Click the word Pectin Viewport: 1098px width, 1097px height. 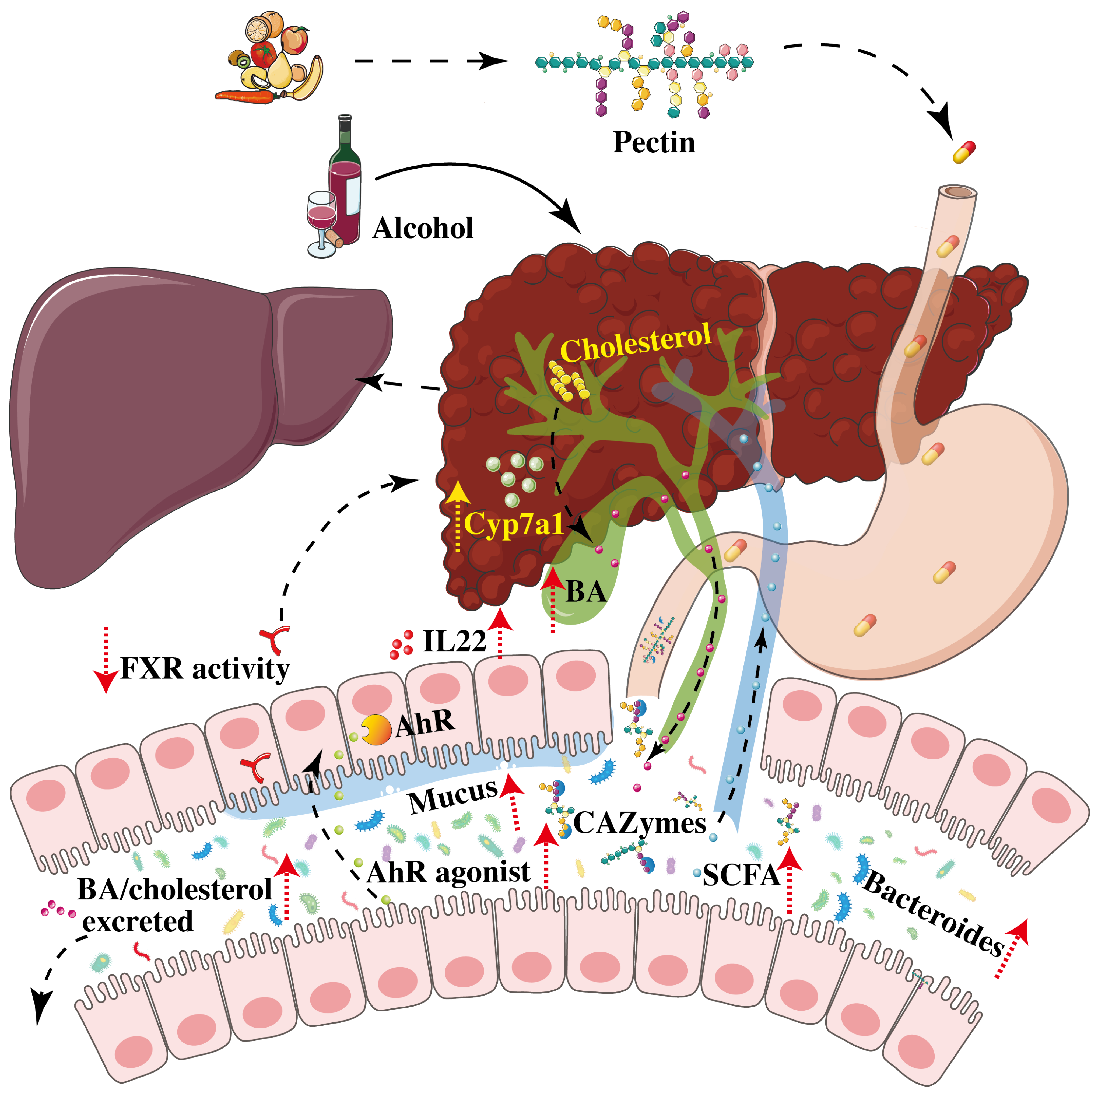(654, 142)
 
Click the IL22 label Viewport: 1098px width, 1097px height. (455, 641)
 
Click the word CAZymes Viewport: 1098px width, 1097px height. (639, 822)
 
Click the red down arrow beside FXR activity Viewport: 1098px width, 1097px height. (105, 659)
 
